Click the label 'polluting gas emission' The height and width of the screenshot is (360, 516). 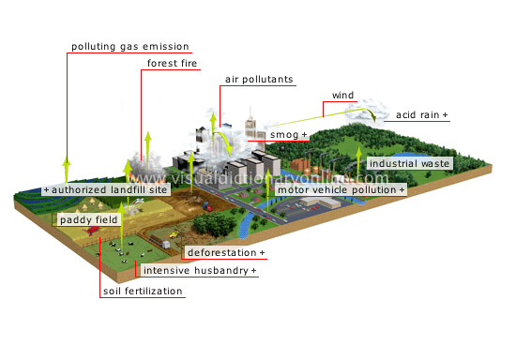130,46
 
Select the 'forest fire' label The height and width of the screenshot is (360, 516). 171,64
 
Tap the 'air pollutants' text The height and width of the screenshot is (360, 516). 259,80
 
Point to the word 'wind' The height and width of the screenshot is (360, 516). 342,96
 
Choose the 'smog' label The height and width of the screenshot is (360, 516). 289,136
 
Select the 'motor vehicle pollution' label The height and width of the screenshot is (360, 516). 341,189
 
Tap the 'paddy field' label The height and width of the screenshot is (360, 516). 86,220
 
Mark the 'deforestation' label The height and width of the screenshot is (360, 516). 225,253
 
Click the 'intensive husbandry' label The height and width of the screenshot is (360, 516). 200,271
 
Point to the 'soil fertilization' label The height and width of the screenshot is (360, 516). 144,292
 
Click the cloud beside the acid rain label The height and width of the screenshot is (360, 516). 360,112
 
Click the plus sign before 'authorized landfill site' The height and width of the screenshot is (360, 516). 46,189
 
